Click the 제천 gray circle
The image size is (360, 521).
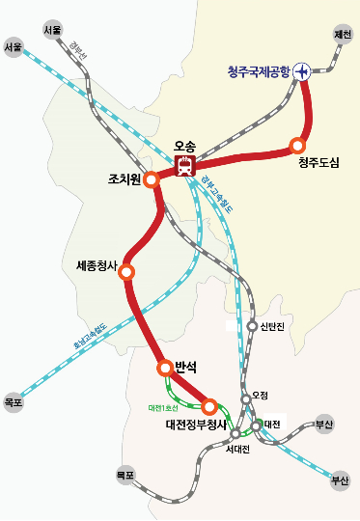pos(342,35)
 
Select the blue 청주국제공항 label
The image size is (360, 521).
pos(258,70)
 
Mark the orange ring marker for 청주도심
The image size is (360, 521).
pos(297,146)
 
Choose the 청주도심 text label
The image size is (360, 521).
pos(319,162)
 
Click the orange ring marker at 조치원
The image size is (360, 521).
pos(152,179)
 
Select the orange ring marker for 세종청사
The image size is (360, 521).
pos(126,273)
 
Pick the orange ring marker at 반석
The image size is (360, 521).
pos(165,368)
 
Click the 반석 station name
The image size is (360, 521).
pos(186,367)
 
